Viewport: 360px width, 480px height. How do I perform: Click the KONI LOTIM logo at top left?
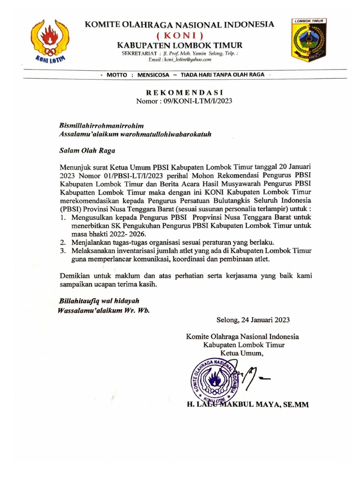50,41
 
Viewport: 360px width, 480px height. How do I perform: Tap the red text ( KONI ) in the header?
180,36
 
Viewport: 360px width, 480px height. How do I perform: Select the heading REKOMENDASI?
183,92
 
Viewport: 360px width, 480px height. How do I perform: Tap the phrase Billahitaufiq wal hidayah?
99,300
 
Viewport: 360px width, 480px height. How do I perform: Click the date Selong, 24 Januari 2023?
253,321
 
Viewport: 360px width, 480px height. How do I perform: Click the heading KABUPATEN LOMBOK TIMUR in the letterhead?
180,45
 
